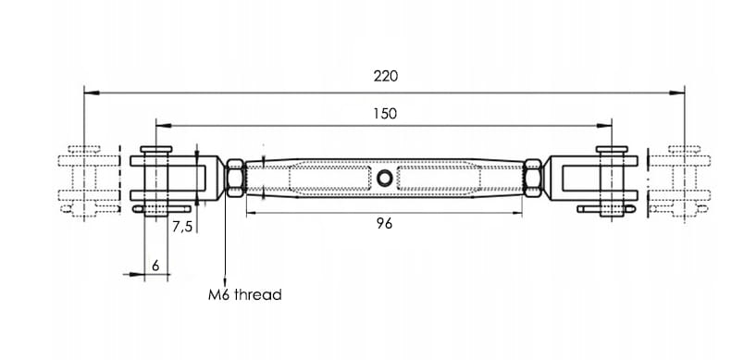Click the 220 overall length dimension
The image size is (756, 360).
click(x=386, y=76)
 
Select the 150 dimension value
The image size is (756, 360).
click(x=385, y=114)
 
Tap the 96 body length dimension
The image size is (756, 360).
click(x=384, y=224)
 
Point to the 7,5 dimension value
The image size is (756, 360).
click(x=182, y=227)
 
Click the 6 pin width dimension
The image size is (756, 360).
click(x=155, y=265)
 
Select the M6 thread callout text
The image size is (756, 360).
click(x=244, y=294)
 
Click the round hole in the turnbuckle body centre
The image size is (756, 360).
click(x=384, y=179)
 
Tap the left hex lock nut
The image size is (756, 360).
click(x=235, y=178)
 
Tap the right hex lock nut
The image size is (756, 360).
click(x=533, y=178)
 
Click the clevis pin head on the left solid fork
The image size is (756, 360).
click(x=155, y=149)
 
